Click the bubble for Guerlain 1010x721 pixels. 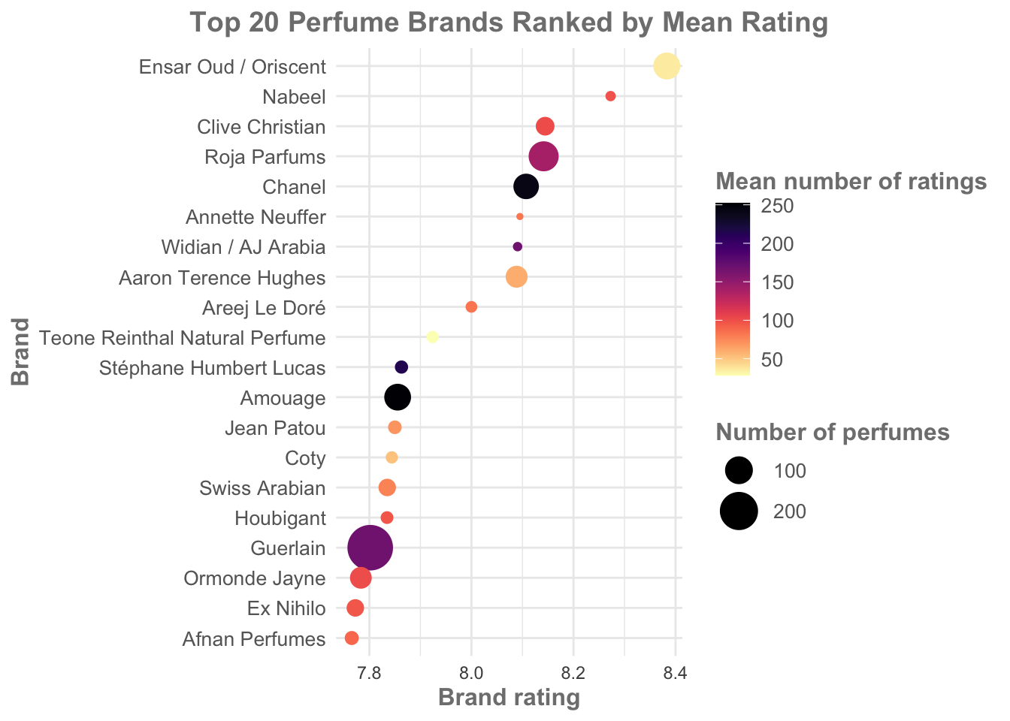(x=370, y=548)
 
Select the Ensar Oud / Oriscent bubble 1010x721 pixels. (x=667, y=66)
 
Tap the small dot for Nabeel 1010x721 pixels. (x=610, y=96)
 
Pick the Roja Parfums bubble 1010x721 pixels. (x=543, y=156)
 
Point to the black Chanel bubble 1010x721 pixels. (x=526, y=186)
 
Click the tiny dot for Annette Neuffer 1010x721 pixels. (x=519, y=216)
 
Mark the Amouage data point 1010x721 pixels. (x=398, y=397)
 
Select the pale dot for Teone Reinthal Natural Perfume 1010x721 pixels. (x=432, y=337)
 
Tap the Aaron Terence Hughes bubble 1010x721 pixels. (x=516, y=277)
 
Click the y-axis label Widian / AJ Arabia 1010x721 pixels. (x=243, y=247)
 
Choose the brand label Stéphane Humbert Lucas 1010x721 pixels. (x=213, y=368)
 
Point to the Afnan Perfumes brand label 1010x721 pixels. (x=254, y=639)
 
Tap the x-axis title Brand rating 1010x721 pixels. (x=509, y=698)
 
